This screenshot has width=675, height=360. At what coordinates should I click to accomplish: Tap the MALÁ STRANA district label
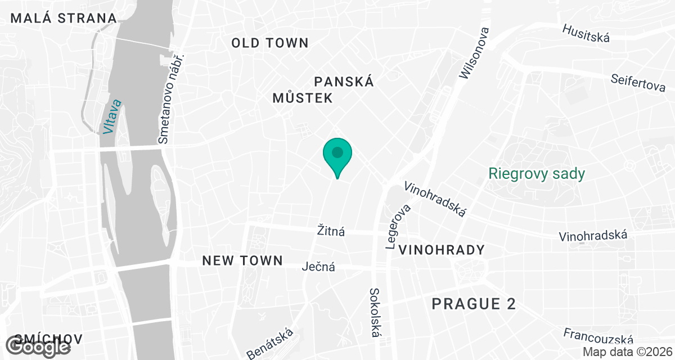point(64,18)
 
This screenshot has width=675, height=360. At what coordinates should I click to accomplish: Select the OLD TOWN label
point(270,43)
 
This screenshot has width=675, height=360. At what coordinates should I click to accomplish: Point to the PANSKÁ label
point(344,82)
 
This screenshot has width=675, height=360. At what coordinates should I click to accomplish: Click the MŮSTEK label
point(303,98)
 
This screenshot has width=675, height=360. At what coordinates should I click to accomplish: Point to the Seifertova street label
point(638,82)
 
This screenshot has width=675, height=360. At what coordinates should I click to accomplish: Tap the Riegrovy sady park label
point(537,173)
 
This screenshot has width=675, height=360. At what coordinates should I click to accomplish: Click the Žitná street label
point(331,231)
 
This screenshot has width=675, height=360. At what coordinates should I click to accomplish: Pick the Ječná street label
point(318,267)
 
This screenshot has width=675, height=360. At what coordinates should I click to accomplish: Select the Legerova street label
point(399,226)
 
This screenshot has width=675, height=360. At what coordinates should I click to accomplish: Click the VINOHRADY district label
point(441,250)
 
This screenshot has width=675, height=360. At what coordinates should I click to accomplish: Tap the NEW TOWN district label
point(242,260)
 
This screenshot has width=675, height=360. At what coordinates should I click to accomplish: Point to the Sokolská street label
point(375,313)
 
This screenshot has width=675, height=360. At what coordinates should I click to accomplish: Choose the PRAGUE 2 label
point(474,304)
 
